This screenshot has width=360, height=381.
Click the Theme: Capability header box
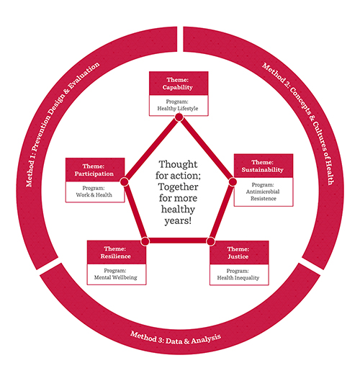click(179, 84)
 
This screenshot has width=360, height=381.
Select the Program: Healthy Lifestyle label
click(178, 105)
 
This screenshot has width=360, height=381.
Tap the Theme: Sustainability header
click(264, 166)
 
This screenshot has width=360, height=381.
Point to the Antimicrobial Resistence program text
click(263, 192)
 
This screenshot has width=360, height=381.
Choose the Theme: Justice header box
click(239, 253)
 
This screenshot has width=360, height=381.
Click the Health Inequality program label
click(238, 274)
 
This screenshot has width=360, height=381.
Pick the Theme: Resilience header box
click(117, 252)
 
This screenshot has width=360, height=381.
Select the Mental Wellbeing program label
click(116, 274)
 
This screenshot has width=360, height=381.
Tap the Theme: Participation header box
click(95, 170)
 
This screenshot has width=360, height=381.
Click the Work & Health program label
click(94, 192)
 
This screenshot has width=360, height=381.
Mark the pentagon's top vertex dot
click(179, 117)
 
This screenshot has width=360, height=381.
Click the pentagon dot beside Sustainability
click(233, 181)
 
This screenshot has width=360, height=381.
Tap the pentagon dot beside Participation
click(125, 181)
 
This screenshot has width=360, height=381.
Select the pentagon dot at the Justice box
click(211, 241)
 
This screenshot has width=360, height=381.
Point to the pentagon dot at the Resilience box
click(145, 241)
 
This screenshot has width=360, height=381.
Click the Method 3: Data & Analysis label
click(176, 339)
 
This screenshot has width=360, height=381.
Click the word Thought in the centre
click(178, 165)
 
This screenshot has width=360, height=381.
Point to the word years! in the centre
click(178, 221)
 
